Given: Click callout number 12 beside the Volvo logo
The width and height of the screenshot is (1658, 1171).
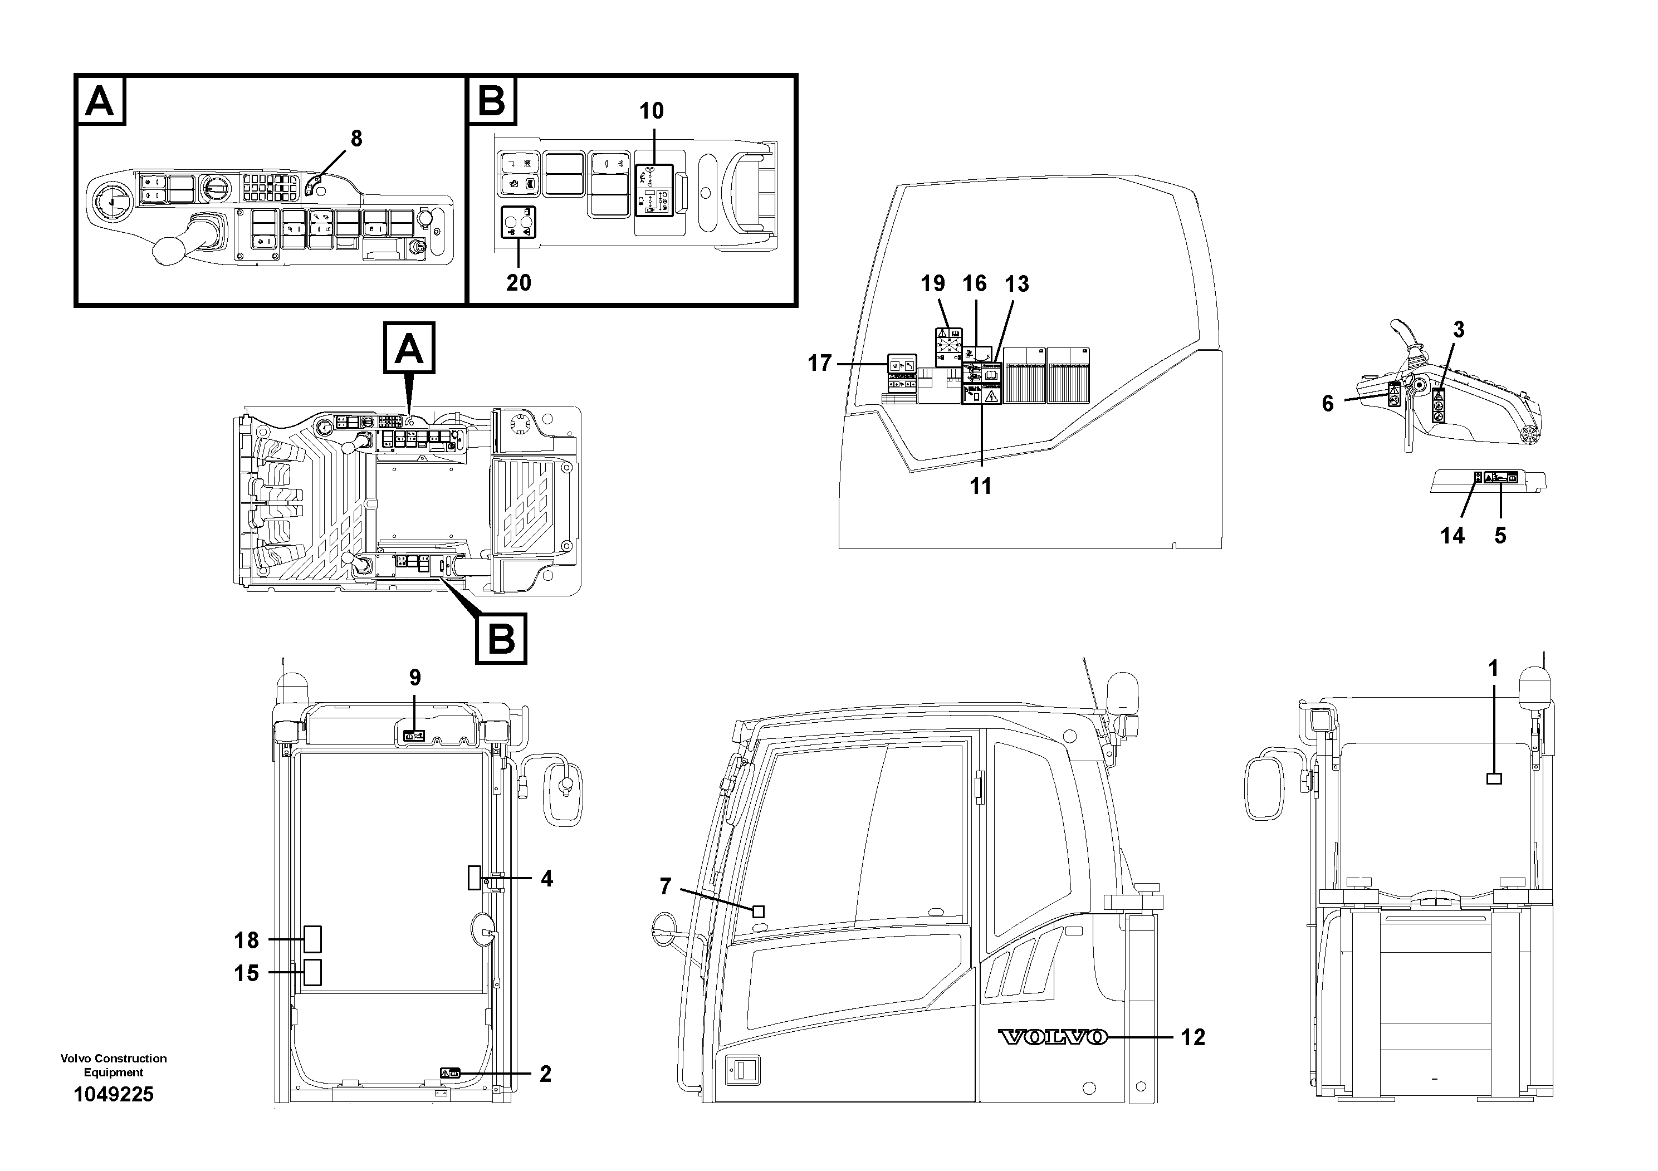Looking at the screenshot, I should [x=1192, y=1037].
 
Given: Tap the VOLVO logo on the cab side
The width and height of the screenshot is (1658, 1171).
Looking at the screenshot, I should [x=1053, y=1037].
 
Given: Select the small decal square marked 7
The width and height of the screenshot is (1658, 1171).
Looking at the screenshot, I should [x=758, y=912].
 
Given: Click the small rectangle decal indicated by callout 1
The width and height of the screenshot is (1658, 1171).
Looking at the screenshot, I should [x=1494, y=778].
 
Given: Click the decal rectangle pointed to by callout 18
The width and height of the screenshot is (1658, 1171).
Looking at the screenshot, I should [x=312, y=939].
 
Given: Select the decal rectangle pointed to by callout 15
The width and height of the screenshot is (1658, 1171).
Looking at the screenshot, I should [x=312, y=972].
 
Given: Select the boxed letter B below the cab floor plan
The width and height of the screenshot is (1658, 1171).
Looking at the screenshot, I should [x=501, y=638].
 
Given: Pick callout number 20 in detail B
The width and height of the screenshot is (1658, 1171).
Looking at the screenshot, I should [x=519, y=282].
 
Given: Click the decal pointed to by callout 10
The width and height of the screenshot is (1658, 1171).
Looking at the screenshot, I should [x=653, y=190].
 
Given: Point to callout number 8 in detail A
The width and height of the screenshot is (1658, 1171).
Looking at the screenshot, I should [x=356, y=139].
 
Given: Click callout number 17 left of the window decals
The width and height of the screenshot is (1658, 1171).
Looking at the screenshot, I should [x=820, y=363].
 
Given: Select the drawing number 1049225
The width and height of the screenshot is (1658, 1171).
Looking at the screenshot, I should [x=114, y=1095].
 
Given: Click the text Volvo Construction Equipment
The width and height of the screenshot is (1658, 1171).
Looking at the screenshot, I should [x=114, y=1065].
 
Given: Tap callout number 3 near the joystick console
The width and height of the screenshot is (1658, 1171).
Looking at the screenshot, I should [x=1459, y=330].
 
